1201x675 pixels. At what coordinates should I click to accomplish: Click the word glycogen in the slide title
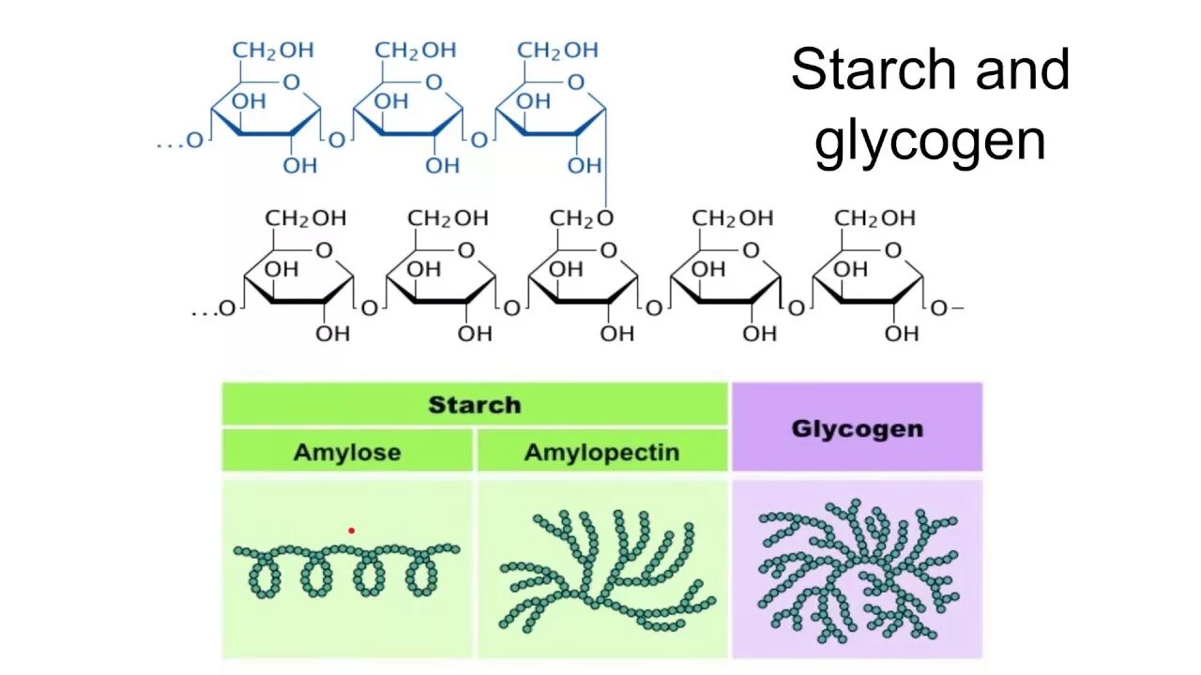pos(930,142)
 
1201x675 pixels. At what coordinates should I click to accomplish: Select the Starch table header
pos(474,405)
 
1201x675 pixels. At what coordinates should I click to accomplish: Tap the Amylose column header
pos(347,452)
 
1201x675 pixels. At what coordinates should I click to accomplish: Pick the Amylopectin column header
pos(601,453)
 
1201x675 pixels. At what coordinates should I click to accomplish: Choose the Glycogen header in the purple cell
pos(857,428)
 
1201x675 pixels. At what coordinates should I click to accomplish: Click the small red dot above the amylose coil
pos(352,531)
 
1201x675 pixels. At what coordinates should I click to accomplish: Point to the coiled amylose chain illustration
pos(346,567)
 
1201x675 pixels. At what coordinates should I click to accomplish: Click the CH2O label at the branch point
pos(582,218)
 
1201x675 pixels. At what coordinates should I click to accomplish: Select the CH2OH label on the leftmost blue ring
pos(273,50)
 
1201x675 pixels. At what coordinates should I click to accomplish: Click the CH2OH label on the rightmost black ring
pos(874,218)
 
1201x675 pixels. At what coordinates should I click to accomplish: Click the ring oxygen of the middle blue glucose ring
pos(433,82)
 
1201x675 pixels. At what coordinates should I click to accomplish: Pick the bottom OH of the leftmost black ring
pos(332,333)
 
